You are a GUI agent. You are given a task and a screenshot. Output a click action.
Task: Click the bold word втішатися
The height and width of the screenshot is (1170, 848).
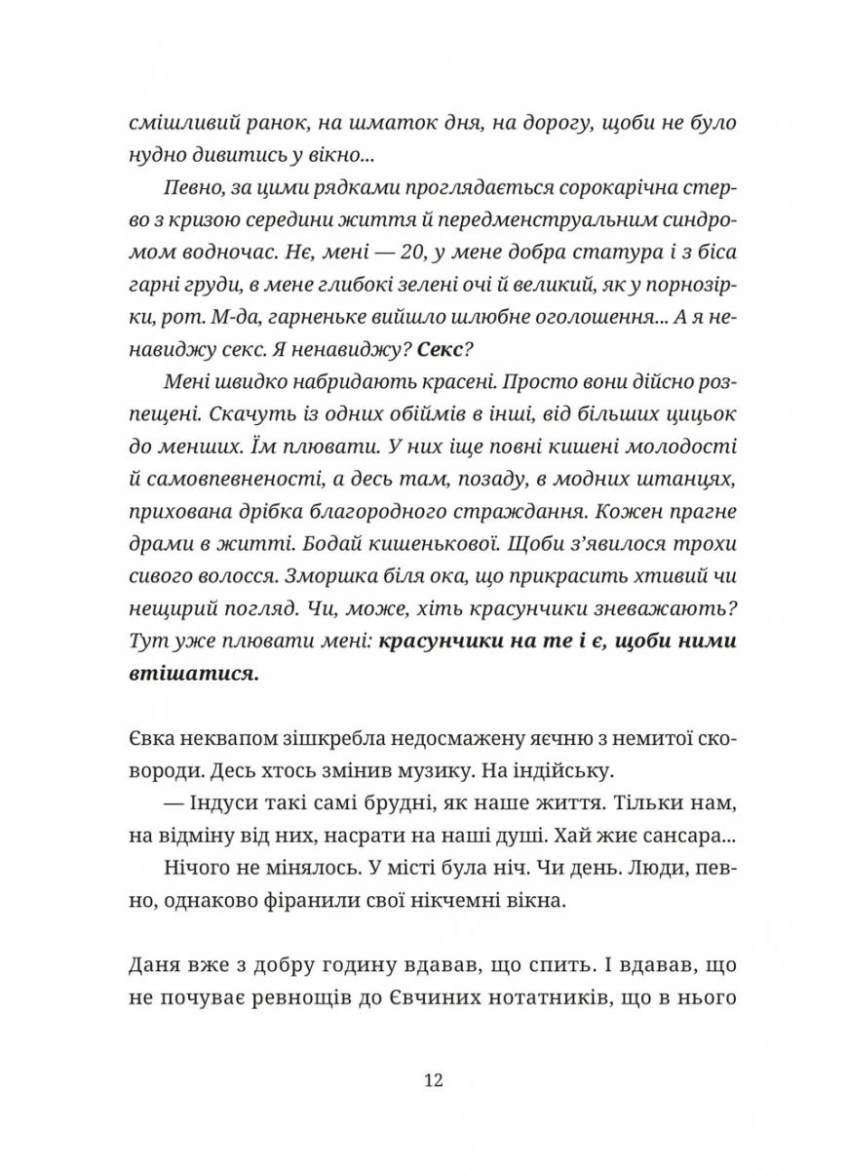tap(194, 673)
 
